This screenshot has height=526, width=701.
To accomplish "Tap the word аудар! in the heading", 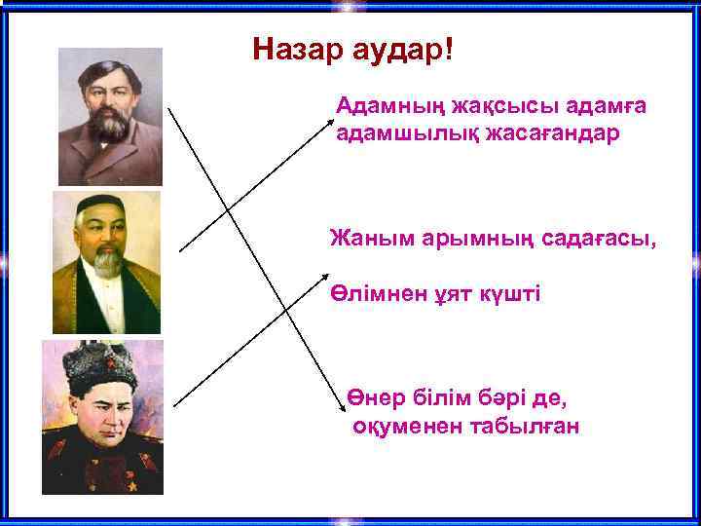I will pyautogui.click(x=398, y=51).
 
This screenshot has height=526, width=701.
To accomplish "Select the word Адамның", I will pyautogui.click(x=381, y=104).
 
